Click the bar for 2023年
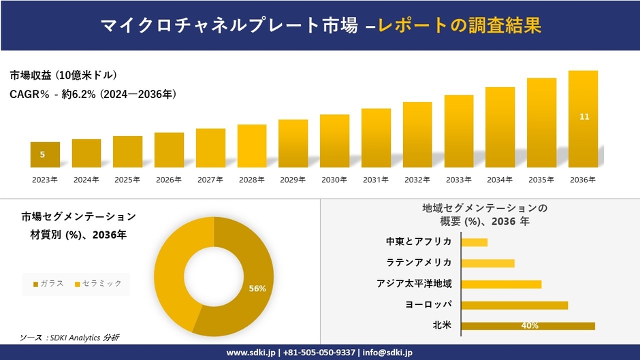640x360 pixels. (45, 154)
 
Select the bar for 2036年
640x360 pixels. (583, 119)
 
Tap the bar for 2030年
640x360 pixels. (334, 141)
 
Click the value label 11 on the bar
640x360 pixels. (584, 117)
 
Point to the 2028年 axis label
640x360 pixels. (251, 180)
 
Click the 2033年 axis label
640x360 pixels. (458, 180)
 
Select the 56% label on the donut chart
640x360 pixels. (257, 289)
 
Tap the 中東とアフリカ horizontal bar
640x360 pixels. (474, 242)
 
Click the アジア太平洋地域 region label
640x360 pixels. (414, 284)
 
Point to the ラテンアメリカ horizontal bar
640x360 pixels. (487, 263)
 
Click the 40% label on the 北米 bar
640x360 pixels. (530, 326)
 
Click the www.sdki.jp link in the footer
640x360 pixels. (250, 353)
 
